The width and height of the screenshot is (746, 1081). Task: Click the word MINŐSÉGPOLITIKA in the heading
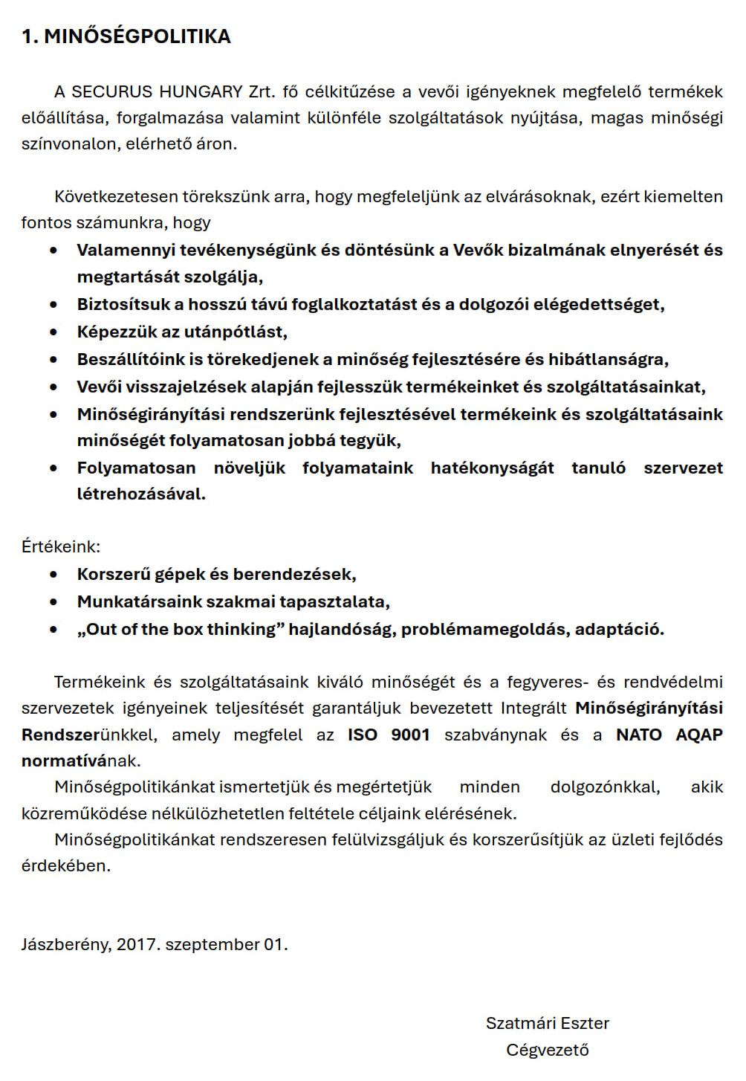(x=137, y=36)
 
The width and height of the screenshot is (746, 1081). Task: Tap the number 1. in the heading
(x=30, y=36)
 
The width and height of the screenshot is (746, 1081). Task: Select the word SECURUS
(x=111, y=91)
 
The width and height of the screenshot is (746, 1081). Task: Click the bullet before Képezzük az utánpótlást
(x=53, y=332)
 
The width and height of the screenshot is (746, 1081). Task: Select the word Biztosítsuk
(x=122, y=304)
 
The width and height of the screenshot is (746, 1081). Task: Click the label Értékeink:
(x=61, y=546)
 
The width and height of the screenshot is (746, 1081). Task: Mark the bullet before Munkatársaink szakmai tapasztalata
(x=53, y=602)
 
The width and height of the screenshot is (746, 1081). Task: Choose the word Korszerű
(x=111, y=574)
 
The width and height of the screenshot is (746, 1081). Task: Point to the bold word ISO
(x=363, y=735)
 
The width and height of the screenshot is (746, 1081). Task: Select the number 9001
(x=411, y=735)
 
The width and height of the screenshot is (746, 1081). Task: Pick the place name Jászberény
(x=66, y=944)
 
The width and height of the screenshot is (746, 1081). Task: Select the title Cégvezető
(x=548, y=1050)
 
